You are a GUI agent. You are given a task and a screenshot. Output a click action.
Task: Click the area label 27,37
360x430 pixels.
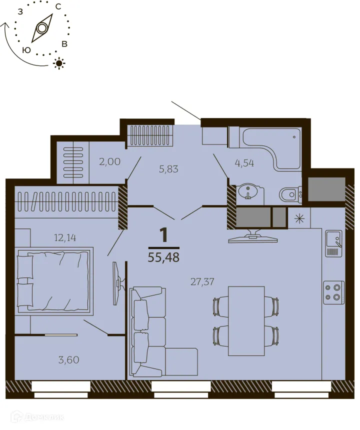point(202,281)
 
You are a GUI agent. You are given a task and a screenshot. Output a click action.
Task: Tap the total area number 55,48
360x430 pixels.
point(163,257)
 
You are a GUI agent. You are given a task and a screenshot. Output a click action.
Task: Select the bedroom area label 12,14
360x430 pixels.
point(65,237)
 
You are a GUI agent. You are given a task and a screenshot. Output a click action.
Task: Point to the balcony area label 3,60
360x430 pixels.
point(68,359)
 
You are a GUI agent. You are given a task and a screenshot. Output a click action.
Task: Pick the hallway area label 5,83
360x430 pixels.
point(168,169)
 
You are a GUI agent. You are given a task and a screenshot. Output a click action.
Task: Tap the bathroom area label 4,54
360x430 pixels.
point(244,162)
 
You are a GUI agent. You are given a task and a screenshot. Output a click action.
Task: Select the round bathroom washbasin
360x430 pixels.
point(248,191)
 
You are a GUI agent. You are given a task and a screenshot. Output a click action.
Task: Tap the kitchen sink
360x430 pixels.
point(333,242)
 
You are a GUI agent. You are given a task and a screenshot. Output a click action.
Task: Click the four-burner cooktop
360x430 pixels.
point(333,292)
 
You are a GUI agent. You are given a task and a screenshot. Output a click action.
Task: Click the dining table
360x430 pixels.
point(246,320)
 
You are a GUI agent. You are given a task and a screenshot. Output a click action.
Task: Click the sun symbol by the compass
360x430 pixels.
point(60,63)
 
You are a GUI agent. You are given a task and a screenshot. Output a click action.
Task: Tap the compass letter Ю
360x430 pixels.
point(27,49)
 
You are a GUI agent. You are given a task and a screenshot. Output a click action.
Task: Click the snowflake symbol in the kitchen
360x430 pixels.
point(299,218)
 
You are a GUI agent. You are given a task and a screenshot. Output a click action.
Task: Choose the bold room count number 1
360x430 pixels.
point(163,234)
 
